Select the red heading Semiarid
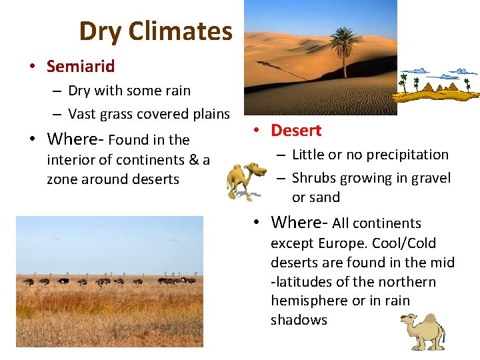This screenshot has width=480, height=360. coord(81,66)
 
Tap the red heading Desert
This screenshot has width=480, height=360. coord(296,131)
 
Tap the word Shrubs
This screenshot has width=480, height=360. coord(314,178)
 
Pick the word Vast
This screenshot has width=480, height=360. coord(82,114)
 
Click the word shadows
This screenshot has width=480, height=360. coord(299,320)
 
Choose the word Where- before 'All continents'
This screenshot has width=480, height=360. coord(300,223)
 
